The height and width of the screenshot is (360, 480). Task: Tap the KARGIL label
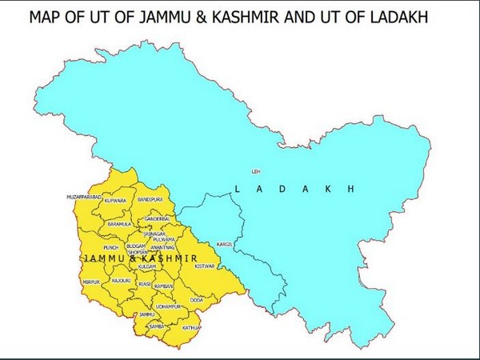click(224, 243)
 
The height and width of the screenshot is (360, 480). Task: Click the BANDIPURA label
click(150, 197)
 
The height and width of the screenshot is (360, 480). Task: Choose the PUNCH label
click(110, 247)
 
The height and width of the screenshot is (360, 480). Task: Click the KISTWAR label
click(205, 266)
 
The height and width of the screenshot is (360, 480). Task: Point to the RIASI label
click(145, 283)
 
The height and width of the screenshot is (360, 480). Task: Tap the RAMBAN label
click(164, 285)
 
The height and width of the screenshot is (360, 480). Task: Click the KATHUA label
click(192, 328)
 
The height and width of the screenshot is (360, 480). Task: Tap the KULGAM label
click(146, 266)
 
